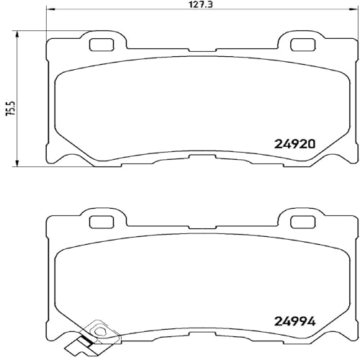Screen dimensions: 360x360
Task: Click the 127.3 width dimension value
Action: click(x=202, y=5)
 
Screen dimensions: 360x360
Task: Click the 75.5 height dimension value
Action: click(x=11, y=108)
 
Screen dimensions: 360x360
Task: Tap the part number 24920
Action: click(x=294, y=144)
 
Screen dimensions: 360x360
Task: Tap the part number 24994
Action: click(x=294, y=322)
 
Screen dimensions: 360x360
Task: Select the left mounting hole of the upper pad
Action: click(x=101, y=45)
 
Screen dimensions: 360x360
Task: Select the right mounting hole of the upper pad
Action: click(x=302, y=45)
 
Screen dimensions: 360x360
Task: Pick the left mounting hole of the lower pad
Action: click(x=101, y=222)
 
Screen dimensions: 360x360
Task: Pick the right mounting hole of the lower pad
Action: click(x=302, y=222)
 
